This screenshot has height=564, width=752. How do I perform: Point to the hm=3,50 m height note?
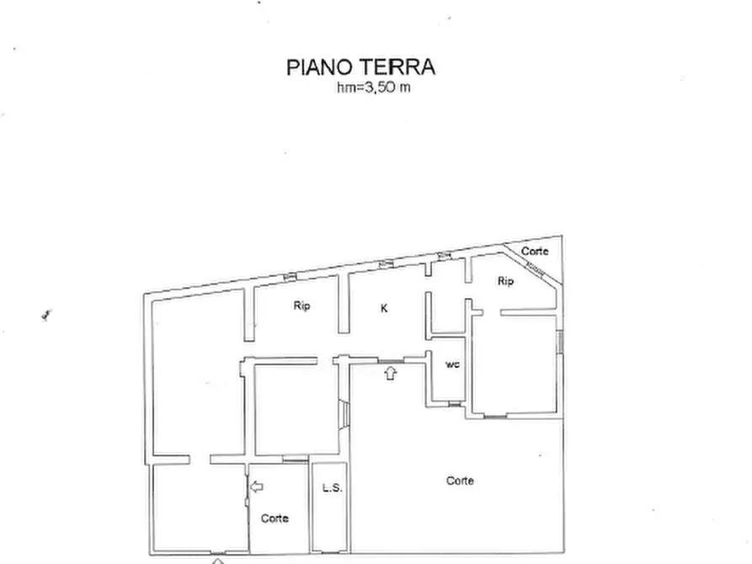click(373, 88)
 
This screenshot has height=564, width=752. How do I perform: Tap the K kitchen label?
click(384, 308)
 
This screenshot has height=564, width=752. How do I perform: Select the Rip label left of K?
click(301, 306)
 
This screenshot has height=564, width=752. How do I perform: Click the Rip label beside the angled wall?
click(505, 281)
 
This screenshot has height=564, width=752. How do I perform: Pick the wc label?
click(451, 364)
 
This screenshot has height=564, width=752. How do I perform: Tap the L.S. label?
click(330, 487)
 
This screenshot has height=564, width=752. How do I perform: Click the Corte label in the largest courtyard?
click(460, 481)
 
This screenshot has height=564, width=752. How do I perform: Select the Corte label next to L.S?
click(275, 519)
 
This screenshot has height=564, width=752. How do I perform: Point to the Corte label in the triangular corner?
click(534, 251)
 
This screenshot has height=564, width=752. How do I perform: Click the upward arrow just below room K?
click(390, 373)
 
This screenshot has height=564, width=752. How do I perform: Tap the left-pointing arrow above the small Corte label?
click(257, 486)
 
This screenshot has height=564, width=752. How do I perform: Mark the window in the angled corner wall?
click(533, 269)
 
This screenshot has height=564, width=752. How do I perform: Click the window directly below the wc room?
click(455, 405)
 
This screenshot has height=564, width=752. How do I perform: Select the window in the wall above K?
click(387, 264)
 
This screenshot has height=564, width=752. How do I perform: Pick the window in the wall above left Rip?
click(290, 276)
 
